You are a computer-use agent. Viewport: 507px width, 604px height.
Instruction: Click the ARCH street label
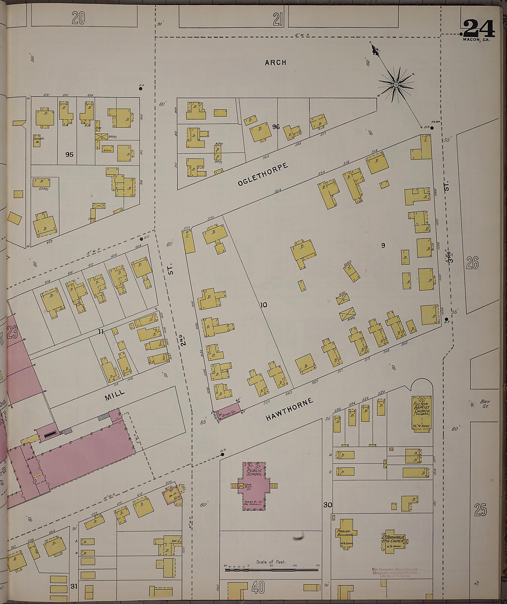point(276,62)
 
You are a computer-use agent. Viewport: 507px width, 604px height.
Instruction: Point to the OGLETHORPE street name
point(263,175)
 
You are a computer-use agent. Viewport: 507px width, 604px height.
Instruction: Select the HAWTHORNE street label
point(289,410)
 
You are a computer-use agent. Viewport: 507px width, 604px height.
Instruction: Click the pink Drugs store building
point(228,412)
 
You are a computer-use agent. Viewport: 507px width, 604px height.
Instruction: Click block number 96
point(276,127)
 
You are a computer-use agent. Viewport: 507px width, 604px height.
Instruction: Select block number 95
point(69,154)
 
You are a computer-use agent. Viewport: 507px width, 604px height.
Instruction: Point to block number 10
point(264,305)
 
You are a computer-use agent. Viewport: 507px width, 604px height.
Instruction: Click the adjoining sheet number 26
point(473,263)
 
